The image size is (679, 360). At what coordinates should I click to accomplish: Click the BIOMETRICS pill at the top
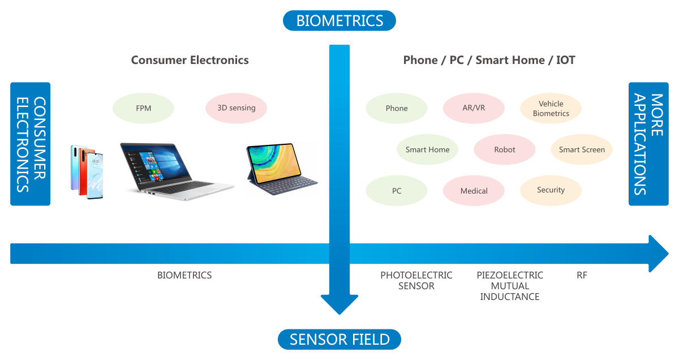[x=339, y=21]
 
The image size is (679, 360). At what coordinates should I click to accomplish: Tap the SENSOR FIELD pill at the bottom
[x=339, y=340]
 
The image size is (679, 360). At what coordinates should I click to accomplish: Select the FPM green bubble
[x=144, y=108]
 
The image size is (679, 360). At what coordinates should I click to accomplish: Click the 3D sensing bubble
[x=236, y=108]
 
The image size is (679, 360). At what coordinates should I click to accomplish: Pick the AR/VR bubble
[x=474, y=108]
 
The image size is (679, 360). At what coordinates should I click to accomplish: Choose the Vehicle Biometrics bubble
[x=551, y=108]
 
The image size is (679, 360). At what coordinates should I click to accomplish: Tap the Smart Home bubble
[x=427, y=149]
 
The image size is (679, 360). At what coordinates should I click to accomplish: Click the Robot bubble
[x=504, y=149]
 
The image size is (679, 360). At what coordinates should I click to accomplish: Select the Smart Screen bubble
[x=582, y=149]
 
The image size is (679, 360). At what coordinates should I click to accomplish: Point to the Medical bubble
[x=474, y=191]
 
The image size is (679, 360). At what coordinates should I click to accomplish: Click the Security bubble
[x=551, y=190]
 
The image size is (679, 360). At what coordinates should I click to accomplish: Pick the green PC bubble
[x=397, y=191]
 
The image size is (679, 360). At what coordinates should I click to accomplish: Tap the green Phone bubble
[x=397, y=108]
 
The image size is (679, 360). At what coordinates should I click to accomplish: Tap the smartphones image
[x=87, y=172]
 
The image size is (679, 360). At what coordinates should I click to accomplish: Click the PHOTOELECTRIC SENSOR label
[x=416, y=280]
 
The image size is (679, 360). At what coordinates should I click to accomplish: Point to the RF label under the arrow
[x=582, y=276]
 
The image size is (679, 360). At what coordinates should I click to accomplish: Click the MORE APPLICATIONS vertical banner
[x=648, y=144]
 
